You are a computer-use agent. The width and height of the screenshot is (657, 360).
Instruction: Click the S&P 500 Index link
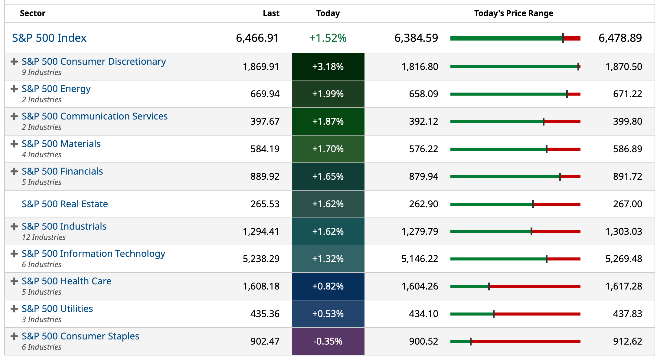tap(49, 38)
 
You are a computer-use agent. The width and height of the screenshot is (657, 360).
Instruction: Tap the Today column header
tap(328, 13)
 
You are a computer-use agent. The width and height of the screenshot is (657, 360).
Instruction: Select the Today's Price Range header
tap(514, 13)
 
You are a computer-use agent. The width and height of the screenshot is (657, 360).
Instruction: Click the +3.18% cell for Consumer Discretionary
tap(328, 67)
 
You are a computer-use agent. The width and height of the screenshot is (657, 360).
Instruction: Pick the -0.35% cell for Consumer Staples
tap(328, 341)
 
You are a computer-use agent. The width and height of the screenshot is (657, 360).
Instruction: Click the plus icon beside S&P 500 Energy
tap(14, 89)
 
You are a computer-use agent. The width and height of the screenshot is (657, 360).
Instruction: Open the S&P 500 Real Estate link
tap(65, 204)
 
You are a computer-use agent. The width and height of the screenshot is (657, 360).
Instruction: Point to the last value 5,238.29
tap(261, 259)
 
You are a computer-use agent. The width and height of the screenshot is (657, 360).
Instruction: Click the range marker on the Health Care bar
tap(489, 286)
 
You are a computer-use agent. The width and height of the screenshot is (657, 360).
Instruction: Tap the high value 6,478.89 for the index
tap(620, 38)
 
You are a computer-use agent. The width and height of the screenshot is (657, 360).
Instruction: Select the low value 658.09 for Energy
tap(423, 94)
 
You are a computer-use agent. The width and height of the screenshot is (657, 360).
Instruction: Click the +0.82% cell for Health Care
tap(328, 286)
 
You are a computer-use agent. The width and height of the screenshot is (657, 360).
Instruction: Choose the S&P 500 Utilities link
tap(57, 309)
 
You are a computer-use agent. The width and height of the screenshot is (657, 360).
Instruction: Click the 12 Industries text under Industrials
tap(44, 237)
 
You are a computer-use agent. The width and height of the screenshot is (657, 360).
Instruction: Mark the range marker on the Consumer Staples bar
tap(471, 342)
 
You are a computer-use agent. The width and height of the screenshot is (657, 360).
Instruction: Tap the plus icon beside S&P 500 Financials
tap(14, 171)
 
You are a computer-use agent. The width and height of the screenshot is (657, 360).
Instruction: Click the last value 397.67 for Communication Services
tap(265, 121)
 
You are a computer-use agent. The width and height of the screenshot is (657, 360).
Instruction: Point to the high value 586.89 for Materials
tap(627, 149)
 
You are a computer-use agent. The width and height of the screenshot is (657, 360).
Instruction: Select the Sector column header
tap(32, 13)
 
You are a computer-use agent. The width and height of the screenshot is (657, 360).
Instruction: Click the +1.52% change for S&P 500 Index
tap(328, 38)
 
